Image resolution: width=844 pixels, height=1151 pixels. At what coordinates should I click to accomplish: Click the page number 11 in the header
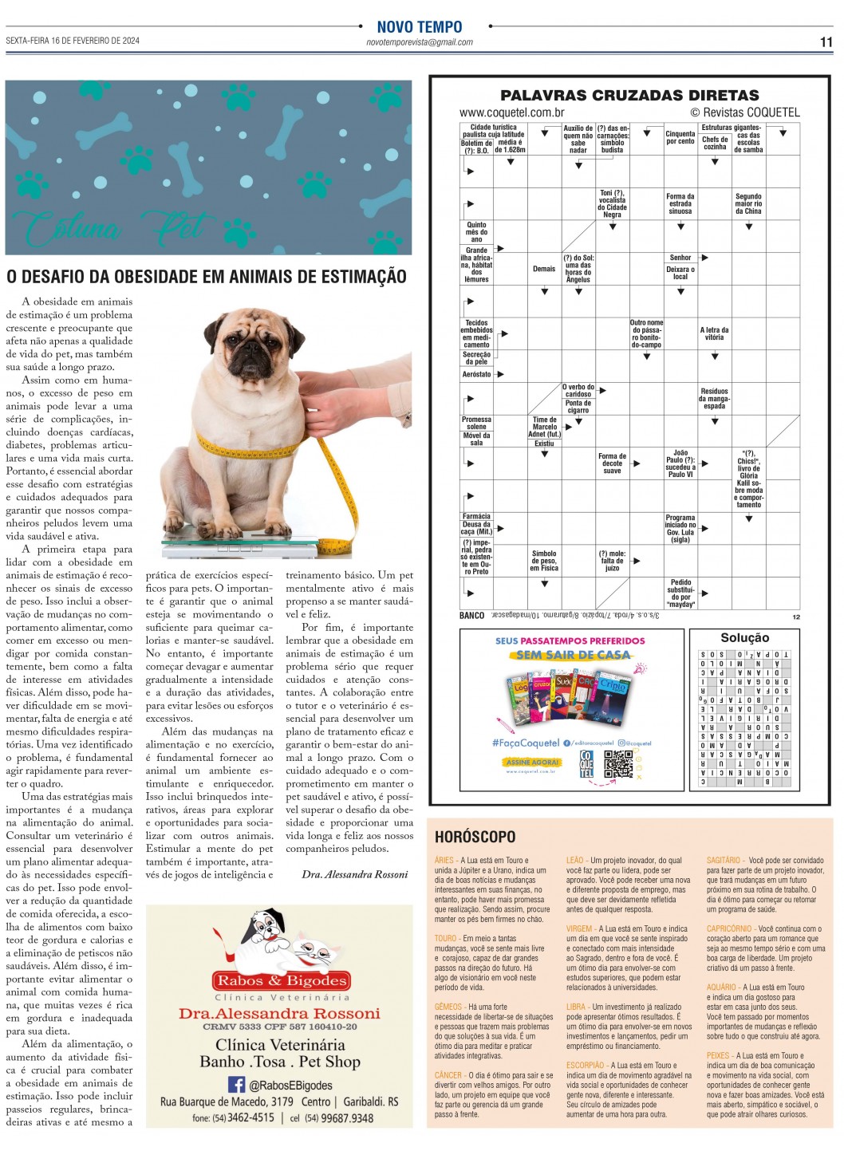point(826,41)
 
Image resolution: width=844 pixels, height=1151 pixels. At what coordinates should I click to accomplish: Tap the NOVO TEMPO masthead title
point(420,27)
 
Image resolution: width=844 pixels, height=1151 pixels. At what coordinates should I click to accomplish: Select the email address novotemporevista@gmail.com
point(420,42)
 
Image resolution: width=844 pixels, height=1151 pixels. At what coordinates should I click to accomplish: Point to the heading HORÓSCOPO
point(475,837)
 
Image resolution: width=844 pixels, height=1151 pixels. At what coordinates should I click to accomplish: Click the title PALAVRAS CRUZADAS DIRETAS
point(629,95)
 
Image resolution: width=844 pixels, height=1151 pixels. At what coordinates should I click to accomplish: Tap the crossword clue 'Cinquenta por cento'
point(680,137)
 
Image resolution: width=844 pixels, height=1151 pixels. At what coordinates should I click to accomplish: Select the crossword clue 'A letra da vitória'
point(714,333)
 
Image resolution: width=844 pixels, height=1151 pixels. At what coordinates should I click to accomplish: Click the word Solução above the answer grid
point(744,637)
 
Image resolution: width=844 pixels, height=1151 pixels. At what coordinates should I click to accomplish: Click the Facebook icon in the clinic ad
point(236,1084)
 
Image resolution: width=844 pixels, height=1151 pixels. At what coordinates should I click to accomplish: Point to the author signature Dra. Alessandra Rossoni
point(354,874)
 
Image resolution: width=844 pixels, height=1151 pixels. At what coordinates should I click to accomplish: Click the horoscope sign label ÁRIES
point(444,860)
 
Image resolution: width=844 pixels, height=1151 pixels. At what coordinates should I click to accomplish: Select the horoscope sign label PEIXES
point(718,1055)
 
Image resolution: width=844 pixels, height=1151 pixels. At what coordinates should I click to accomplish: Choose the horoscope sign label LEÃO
point(575,860)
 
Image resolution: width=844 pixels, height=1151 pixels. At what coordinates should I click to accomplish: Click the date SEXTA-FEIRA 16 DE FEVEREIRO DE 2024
point(73,41)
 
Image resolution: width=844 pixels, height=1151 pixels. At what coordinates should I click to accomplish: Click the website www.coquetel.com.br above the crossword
point(511,112)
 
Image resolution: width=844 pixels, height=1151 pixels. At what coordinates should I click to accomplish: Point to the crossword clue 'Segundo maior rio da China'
point(748,203)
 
